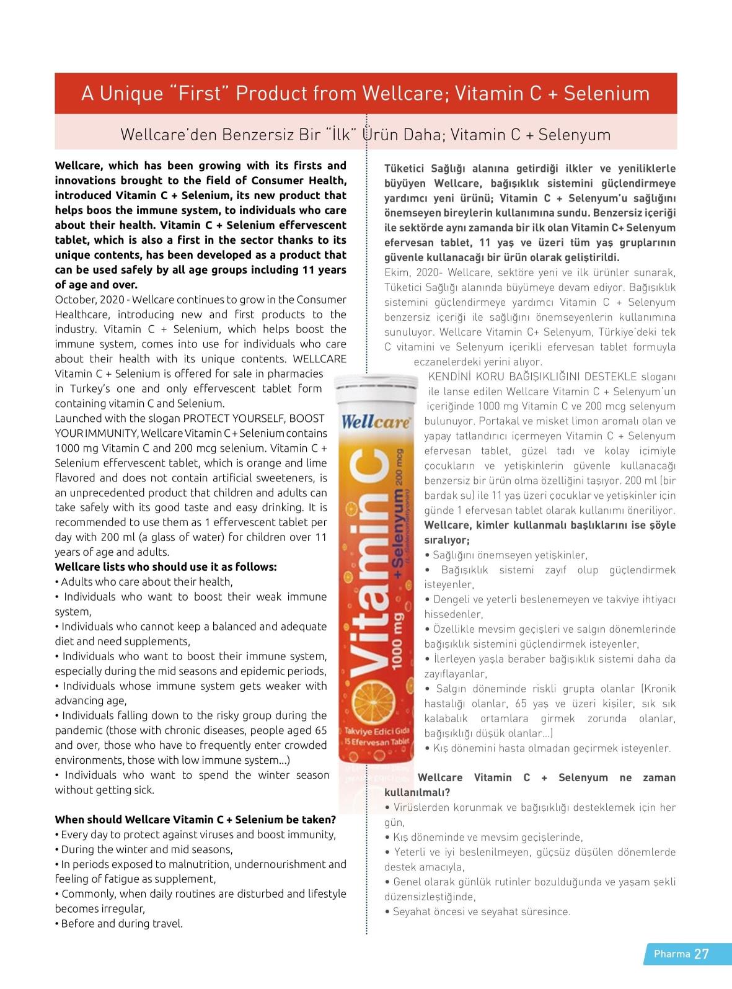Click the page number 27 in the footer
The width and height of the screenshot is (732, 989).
pos(701,954)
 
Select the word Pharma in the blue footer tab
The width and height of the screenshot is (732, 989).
pos(672,954)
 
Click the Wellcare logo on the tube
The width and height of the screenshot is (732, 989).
pos(376,423)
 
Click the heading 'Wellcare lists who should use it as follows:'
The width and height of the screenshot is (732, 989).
pos(166,567)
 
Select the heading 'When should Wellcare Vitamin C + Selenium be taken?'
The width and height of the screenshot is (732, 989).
pos(196,820)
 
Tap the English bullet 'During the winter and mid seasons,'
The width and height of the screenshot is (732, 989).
pos(146,849)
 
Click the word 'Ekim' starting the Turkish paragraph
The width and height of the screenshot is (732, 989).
pos(397,272)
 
